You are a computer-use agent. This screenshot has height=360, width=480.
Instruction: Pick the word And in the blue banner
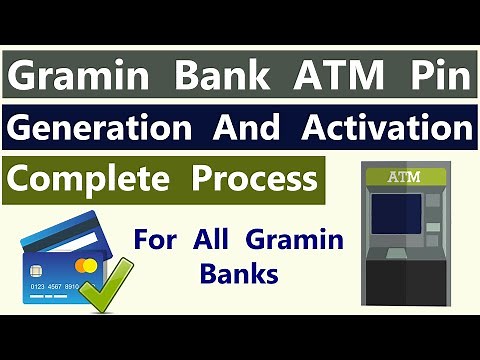[252, 129]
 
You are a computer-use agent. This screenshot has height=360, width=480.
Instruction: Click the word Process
[251, 180]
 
